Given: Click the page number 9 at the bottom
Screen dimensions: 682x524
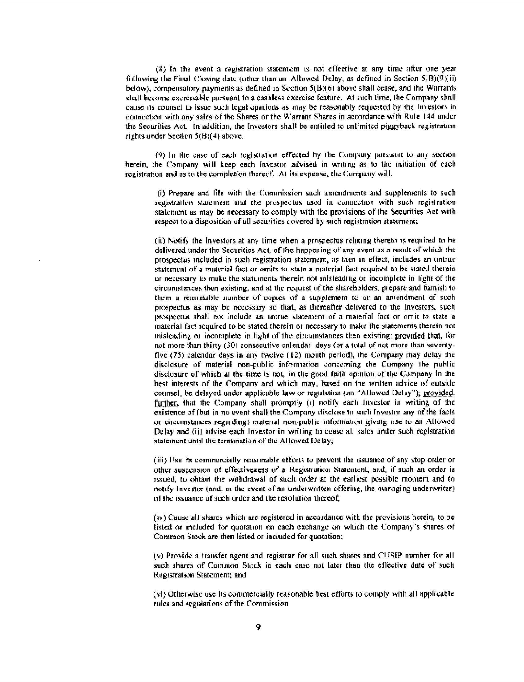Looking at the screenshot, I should (258, 627).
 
